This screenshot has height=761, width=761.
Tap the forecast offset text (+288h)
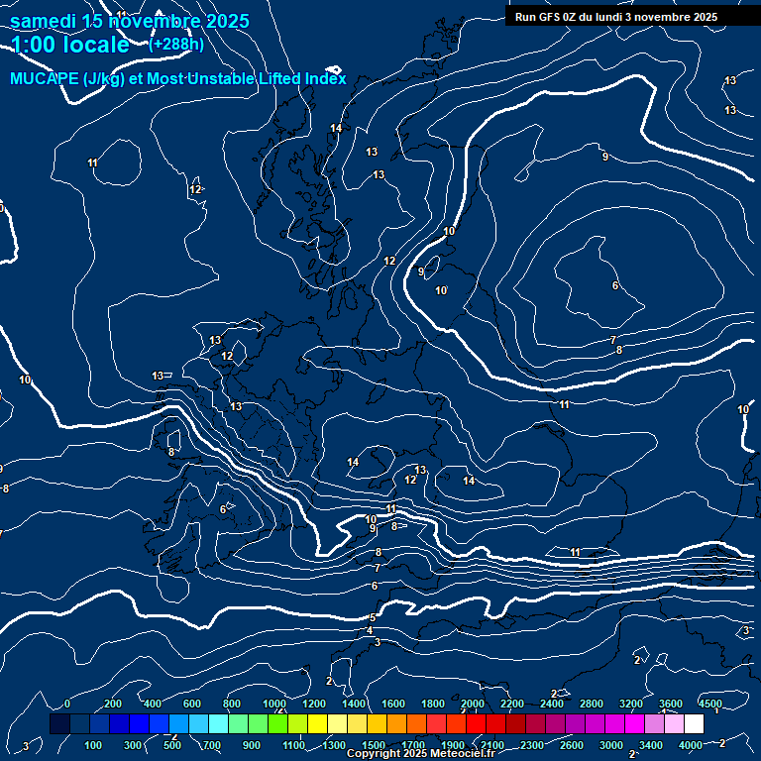click(176, 44)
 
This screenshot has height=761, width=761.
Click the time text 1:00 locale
click(69, 45)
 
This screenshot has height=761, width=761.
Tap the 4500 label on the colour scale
click(709, 704)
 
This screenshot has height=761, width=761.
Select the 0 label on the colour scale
click(67, 704)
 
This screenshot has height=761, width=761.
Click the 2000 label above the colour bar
click(472, 704)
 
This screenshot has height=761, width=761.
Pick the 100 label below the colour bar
click(94, 745)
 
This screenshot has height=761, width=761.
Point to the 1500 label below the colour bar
click(374, 745)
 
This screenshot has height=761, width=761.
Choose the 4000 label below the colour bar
click(692, 745)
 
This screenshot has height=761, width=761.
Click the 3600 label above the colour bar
click(671, 704)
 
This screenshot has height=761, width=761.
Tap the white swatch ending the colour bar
click(694, 724)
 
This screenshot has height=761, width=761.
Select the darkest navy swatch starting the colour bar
click(59, 724)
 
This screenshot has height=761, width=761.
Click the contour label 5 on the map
click(373, 617)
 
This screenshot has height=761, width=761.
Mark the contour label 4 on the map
click(370, 630)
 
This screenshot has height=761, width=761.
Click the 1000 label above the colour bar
click(274, 704)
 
